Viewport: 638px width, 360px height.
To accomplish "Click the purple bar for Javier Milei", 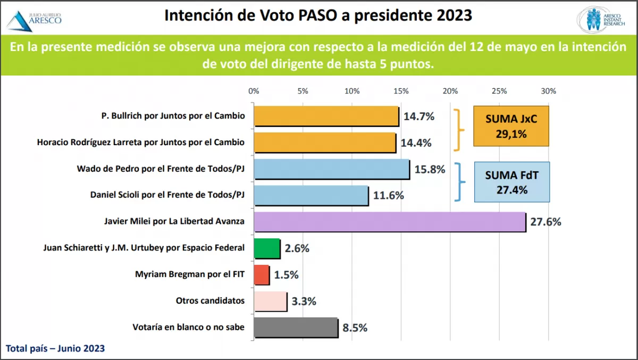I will click(389, 222).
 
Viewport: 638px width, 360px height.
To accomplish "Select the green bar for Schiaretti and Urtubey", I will click(267, 248).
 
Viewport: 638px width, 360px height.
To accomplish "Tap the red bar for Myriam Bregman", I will click(262, 275).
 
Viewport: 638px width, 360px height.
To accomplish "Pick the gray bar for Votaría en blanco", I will click(296, 328).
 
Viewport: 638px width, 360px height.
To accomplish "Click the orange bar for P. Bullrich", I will click(326, 116).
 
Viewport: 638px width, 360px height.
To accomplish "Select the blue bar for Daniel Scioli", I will click(311, 195).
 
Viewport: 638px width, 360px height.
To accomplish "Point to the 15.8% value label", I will click(430, 169).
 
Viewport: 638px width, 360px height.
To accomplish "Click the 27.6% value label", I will click(545, 222).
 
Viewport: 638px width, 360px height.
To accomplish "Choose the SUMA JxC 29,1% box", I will click(511, 126).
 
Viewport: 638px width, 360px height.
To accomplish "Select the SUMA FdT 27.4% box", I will click(511, 182).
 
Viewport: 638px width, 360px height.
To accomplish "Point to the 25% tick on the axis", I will click(499, 91).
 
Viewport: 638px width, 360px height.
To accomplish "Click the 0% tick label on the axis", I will click(254, 91).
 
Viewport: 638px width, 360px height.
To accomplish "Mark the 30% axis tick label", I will click(548, 91).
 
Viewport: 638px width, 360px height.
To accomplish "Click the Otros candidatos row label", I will click(210, 301).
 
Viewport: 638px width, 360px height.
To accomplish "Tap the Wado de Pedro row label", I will click(161, 169).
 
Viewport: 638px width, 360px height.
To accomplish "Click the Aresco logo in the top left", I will click(34, 20).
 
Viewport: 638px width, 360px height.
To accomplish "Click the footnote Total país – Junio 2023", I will click(55, 349).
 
